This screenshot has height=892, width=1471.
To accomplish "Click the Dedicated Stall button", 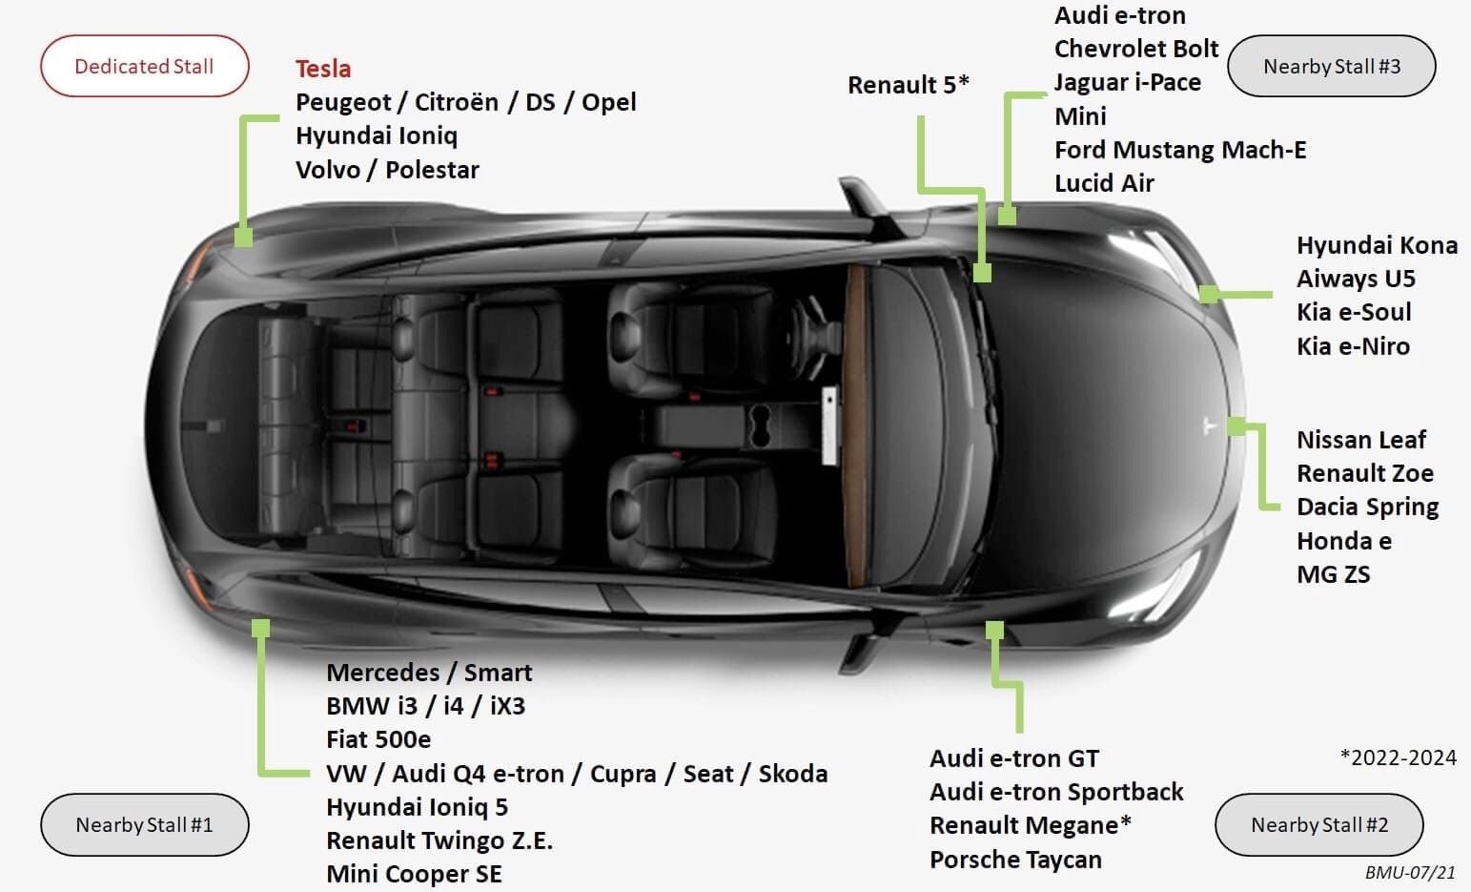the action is (144, 67).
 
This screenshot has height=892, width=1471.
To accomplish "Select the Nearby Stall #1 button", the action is (144, 824).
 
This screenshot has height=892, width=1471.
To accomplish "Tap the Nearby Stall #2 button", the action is (1318, 824).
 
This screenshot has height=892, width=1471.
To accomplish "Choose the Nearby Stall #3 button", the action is (1331, 67).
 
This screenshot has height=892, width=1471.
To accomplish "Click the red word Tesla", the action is (323, 69).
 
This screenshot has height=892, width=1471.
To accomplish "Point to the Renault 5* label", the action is (908, 85).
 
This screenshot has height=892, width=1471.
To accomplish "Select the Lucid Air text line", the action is (1104, 183).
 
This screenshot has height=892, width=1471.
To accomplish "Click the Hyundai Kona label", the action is (1376, 245).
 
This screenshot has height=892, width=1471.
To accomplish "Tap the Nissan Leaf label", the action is (1360, 440).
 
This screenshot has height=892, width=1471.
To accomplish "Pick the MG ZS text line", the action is (1333, 574).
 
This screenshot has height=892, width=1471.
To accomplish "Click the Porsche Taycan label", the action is (1014, 860).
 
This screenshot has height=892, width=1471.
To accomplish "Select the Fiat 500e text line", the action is (378, 739).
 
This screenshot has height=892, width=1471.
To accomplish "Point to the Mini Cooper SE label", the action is (413, 874).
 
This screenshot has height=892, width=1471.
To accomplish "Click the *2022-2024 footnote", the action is (1398, 757).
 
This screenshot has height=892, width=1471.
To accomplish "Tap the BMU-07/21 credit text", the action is (1410, 872).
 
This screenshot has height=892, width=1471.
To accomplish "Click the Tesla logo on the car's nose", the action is (1210, 425).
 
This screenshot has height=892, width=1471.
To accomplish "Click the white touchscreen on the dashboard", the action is (829, 425).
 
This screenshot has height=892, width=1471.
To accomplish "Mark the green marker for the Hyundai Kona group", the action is (1209, 294).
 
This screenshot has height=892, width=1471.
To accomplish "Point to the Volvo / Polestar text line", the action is (387, 170).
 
